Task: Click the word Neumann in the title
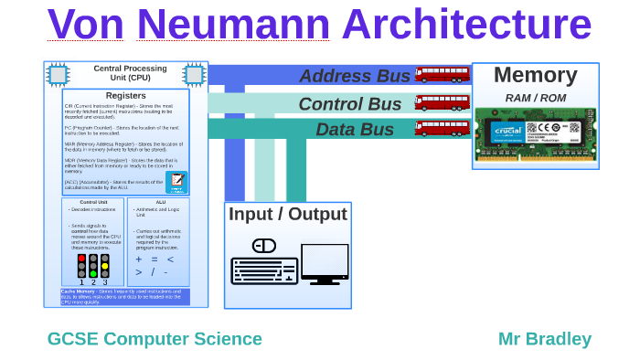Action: click(233, 25)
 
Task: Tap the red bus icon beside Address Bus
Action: click(442, 74)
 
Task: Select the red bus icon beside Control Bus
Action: click(442, 101)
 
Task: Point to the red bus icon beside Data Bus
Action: click(442, 128)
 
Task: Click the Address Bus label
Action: click(355, 76)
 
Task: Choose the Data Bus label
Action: click(355, 130)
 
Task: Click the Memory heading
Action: click(535, 75)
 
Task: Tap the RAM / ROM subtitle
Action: click(535, 98)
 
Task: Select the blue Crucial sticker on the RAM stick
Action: click(507, 131)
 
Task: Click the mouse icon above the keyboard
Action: click(264, 246)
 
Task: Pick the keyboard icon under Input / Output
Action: click(264, 270)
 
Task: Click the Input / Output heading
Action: click(288, 215)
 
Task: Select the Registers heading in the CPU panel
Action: click(125, 95)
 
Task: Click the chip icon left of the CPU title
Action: click(58, 74)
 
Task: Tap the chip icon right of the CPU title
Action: click(194, 74)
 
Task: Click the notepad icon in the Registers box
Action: click(176, 181)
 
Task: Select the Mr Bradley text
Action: click(544, 339)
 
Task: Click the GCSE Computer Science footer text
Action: click(155, 339)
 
